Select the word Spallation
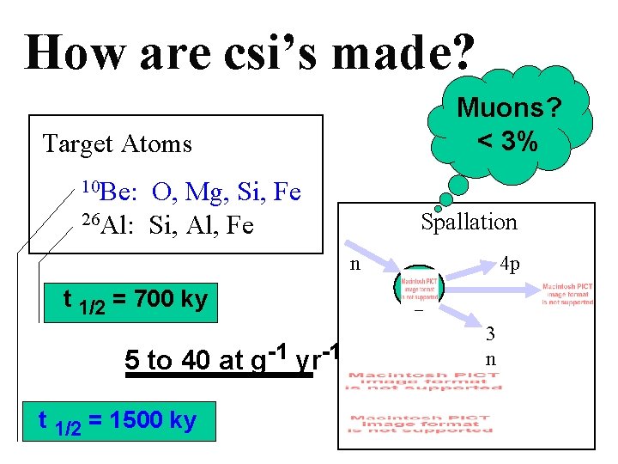click(469, 222)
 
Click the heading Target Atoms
click(118, 143)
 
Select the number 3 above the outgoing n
click(490, 333)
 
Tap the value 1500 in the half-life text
click(130, 421)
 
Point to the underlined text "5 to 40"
click(161, 360)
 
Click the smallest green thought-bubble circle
click(439, 208)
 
